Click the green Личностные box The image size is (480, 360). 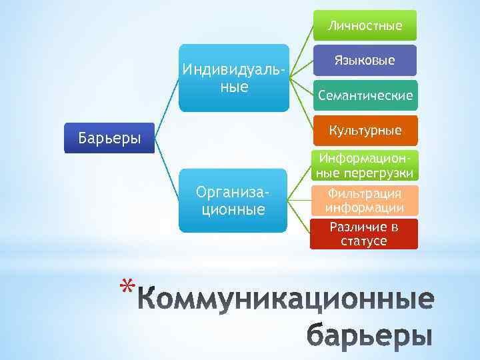(364, 26)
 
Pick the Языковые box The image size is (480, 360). (364, 61)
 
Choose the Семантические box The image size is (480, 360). (364, 96)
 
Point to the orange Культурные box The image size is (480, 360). (364, 130)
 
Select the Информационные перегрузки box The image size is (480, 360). (364, 166)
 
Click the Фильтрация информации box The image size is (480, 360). (364, 200)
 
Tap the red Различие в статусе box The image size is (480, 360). (364, 234)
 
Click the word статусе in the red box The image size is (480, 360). (363, 241)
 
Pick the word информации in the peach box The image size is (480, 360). (364, 207)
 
